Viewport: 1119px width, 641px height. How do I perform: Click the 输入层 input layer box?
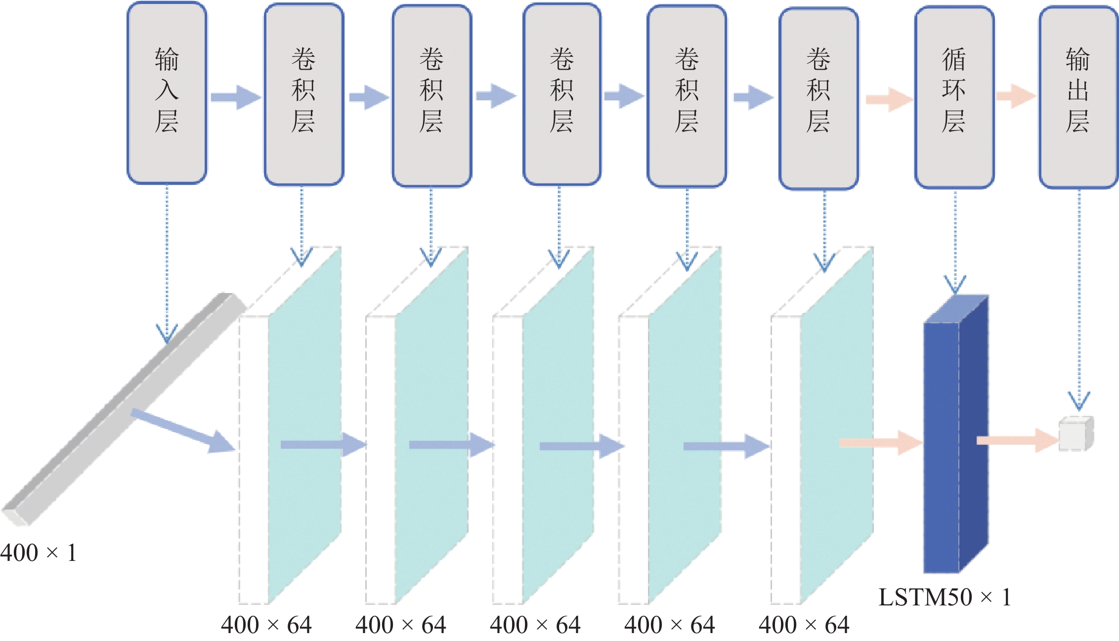pos(167,92)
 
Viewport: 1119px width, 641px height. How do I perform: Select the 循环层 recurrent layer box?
pos(954,97)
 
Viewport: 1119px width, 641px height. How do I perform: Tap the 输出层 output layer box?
pos(1078,97)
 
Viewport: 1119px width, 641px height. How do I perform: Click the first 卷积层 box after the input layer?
pos(303,94)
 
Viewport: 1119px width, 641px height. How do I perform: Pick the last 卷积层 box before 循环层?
pos(818,98)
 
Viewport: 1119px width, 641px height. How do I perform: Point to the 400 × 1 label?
pos(39,553)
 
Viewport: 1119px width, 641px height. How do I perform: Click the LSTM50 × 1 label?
pos(945,597)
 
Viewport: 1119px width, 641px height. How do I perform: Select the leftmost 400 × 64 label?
pos(266,625)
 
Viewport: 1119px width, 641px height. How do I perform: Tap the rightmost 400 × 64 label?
pos(804,625)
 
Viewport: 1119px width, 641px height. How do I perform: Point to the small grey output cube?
pos(1076,434)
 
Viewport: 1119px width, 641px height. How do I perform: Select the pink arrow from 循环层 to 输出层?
pos(1016,96)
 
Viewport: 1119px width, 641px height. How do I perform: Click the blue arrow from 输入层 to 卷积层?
pos(235,97)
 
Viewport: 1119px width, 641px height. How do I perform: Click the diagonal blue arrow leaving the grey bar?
pos(183,430)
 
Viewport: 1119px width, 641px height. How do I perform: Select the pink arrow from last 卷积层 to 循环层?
pos(889,99)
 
